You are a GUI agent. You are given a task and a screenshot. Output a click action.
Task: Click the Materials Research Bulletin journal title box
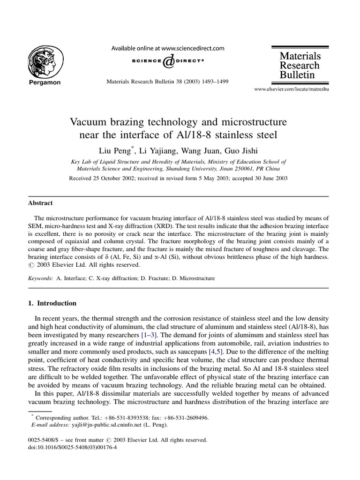300,65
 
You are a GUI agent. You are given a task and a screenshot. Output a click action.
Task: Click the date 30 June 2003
268,178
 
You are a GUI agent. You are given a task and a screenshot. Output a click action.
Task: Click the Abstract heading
40,203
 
